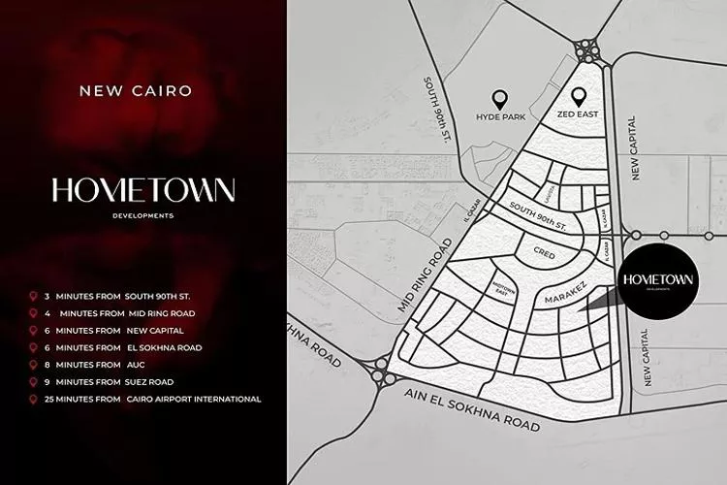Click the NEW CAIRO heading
[135, 91]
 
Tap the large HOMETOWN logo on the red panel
[143, 190]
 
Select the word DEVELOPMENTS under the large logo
[143, 215]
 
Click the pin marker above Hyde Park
[500, 98]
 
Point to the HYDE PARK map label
[500, 116]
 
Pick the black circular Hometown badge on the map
[658, 281]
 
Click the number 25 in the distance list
[61, 399]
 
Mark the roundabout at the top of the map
[586, 48]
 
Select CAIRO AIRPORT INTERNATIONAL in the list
[193, 399]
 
